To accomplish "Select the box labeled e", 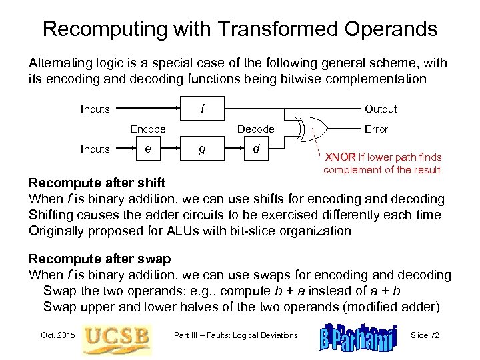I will [x=147, y=149].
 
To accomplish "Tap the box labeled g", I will [x=202, y=149].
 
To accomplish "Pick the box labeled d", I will [x=255, y=149].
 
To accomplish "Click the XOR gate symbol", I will [x=313, y=129].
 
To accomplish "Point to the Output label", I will [x=380, y=109].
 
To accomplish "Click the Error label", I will [x=377, y=129].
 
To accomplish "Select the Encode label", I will [x=148, y=129].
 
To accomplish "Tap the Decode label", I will [x=256, y=129].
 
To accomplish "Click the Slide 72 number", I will [x=425, y=335].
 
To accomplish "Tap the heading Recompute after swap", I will [x=100, y=258].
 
